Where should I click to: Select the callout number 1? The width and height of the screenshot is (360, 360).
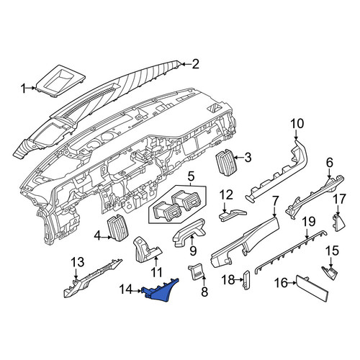(24, 89)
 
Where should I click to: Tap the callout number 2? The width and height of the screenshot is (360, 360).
(195, 64)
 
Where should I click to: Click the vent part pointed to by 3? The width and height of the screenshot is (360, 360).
(225, 163)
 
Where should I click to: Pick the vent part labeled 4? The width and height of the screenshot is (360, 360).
(117, 228)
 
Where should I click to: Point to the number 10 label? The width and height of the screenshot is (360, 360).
(297, 124)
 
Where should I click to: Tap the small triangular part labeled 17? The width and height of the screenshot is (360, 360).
(339, 223)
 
